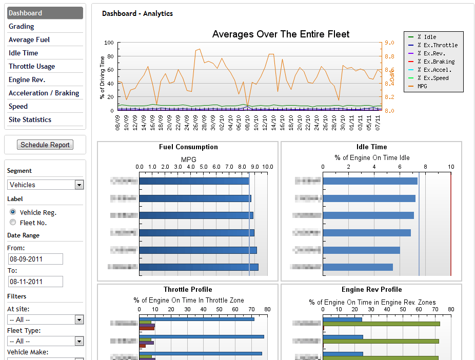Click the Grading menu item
(x=22, y=26)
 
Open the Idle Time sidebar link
(x=24, y=53)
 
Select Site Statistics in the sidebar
(x=30, y=119)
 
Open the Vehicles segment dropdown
(x=46, y=185)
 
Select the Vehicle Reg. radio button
(x=13, y=212)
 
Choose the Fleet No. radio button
(x=13, y=223)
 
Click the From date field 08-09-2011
(x=35, y=259)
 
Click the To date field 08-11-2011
(x=35, y=282)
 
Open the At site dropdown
(x=46, y=319)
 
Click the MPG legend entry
(x=422, y=86)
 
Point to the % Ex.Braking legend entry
(x=436, y=62)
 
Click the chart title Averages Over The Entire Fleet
(x=281, y=34)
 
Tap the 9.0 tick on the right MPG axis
(x=389, y=43)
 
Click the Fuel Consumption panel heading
(x=188, y=147)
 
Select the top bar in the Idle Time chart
(x=369, y=181)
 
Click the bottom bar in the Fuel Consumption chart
(x=198, y=267)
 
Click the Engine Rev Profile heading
(x=371, y=289)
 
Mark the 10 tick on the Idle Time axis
(x=450, y=167)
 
